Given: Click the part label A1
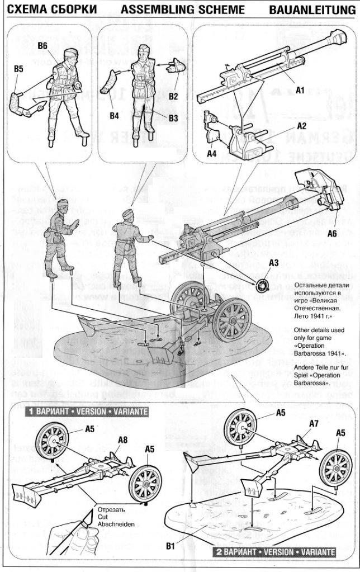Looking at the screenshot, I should pos(300,89).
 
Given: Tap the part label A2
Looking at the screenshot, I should pos(301,126).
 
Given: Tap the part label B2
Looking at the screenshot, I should pos(173,96).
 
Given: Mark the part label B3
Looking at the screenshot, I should pos(173,118).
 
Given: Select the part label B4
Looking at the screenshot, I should pos(115,116).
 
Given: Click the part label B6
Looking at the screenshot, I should pos(43,46).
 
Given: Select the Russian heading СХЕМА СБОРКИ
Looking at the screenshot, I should pos(48,10).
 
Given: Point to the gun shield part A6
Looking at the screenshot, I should pos(319,193).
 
